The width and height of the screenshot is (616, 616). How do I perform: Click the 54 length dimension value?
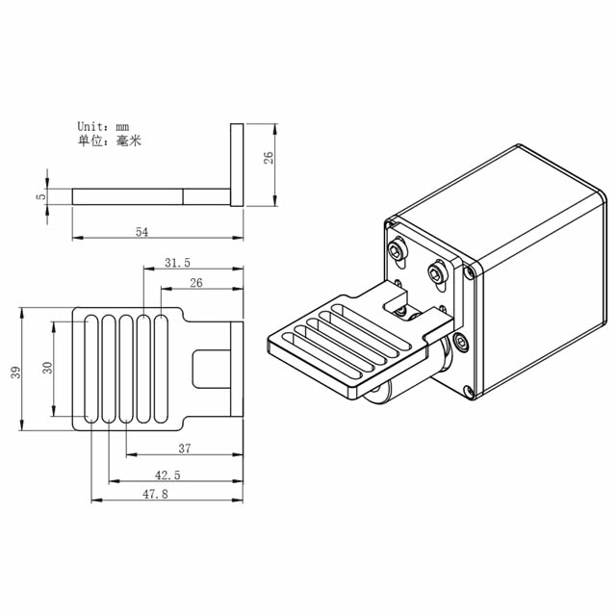[141, 232]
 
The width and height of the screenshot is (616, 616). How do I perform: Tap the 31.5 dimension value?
[177, 262]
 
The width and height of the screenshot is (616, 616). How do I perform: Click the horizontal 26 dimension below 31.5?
[196, 283]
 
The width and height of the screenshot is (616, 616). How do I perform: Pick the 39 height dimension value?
[15, 371]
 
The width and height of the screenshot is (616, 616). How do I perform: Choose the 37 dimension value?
[185, 449]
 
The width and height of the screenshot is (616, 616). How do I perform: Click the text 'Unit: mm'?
[103, 126]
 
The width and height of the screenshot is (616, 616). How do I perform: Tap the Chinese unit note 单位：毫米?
[109, 141]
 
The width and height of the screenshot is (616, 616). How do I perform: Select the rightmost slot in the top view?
[161, 370]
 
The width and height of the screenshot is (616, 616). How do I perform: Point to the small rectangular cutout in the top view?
[210, 370]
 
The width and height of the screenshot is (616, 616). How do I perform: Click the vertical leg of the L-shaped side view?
[237, 164]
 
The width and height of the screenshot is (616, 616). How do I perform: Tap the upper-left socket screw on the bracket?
[397, 250]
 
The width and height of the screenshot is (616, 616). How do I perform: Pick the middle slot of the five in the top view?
[126, 370]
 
